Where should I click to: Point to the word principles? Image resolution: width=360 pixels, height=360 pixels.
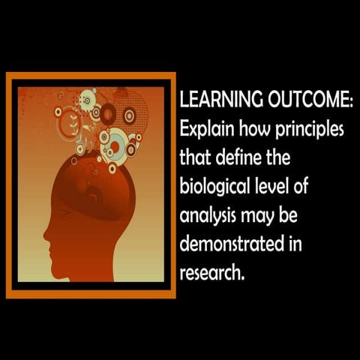[x=307, y=128]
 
